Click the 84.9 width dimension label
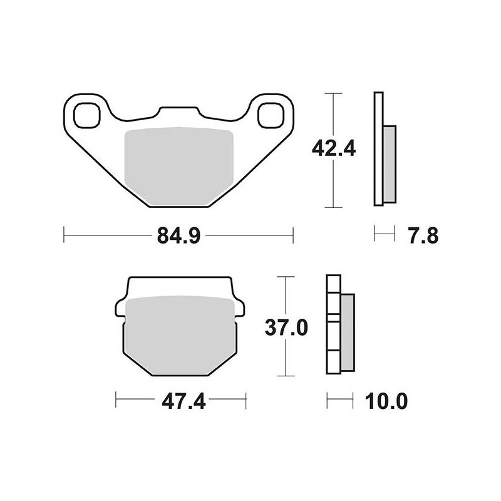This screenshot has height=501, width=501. click(x=178, y=236)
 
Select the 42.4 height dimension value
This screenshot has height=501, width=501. click(x=334, y=148)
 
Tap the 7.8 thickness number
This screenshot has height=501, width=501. click(x=423, y=236)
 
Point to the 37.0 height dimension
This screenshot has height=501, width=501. click(x=286, y=328)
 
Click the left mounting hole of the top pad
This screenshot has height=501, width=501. click(x=86, y=115)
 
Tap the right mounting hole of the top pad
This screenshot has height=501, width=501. click(x=271, y=115)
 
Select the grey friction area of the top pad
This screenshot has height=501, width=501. click(x=179, y=166)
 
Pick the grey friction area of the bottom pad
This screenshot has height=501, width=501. click(x=180, y=335)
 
